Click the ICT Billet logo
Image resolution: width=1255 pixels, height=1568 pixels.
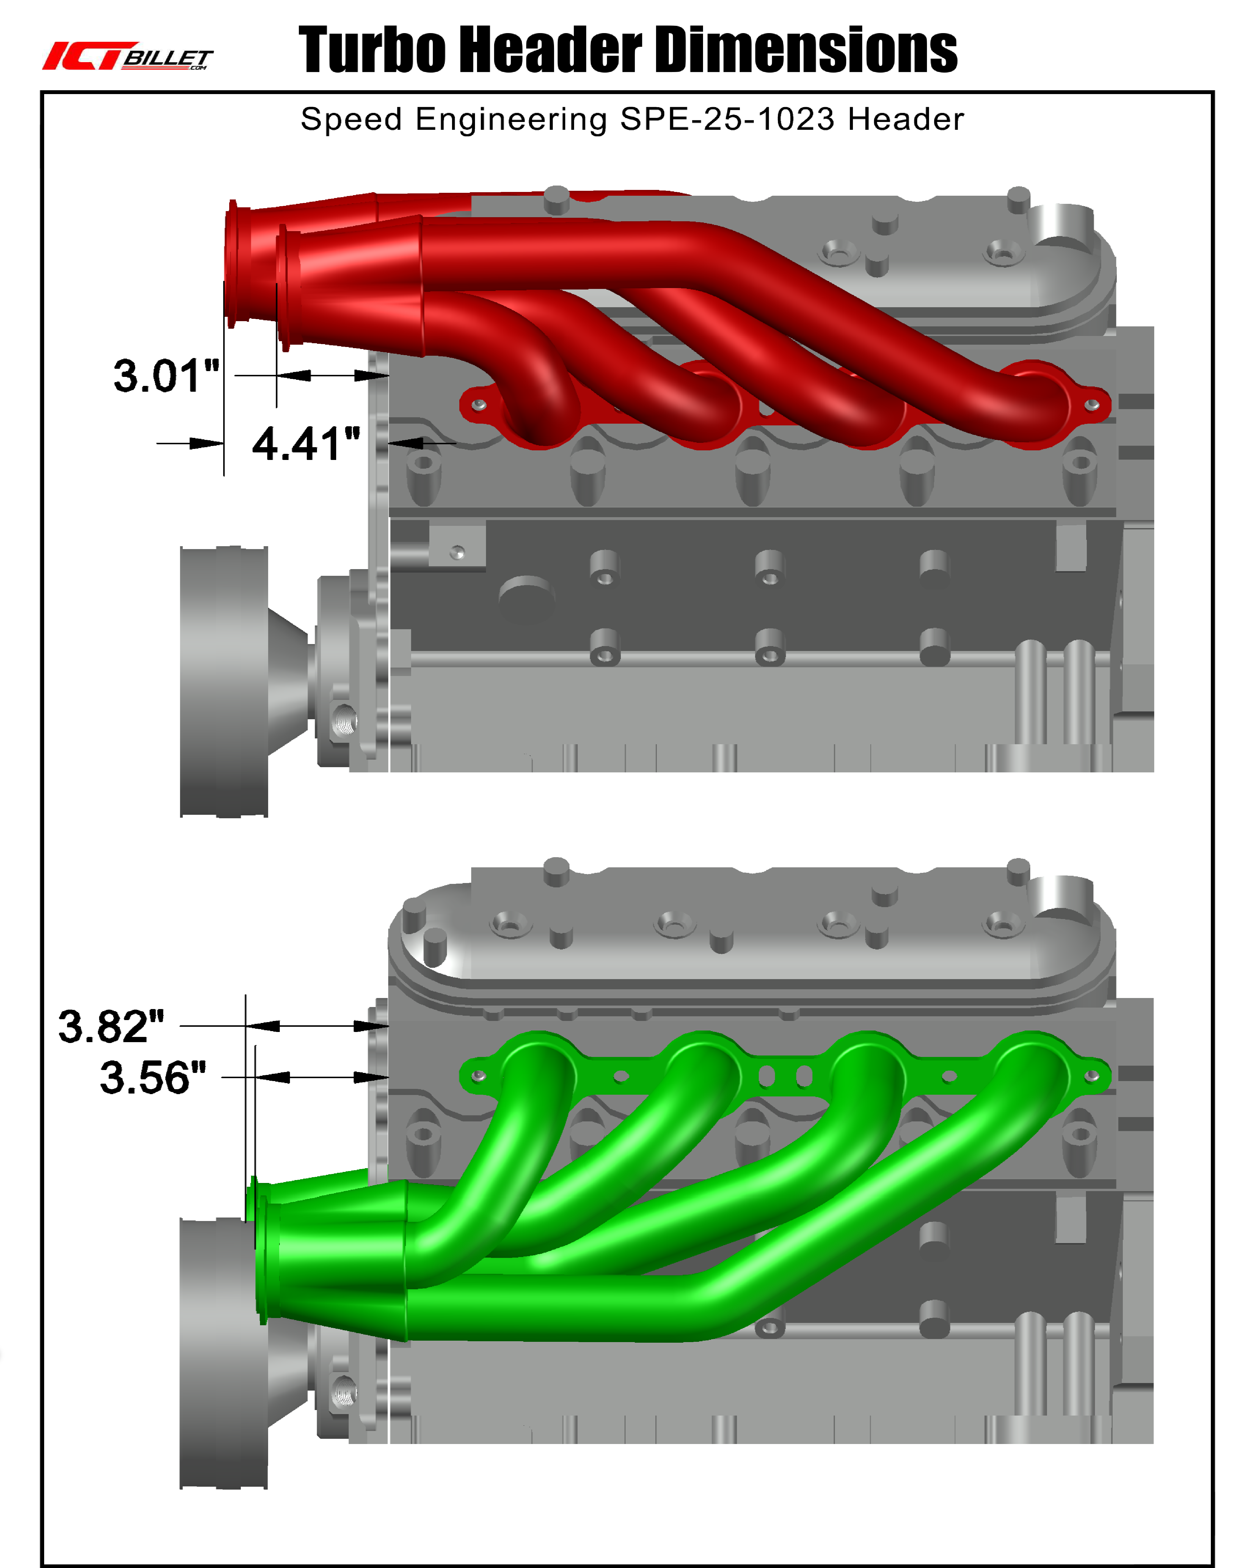point(128,56)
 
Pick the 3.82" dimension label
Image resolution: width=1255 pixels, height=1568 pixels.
point(111,1027)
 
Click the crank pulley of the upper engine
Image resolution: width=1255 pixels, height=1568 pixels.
point(224,681)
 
